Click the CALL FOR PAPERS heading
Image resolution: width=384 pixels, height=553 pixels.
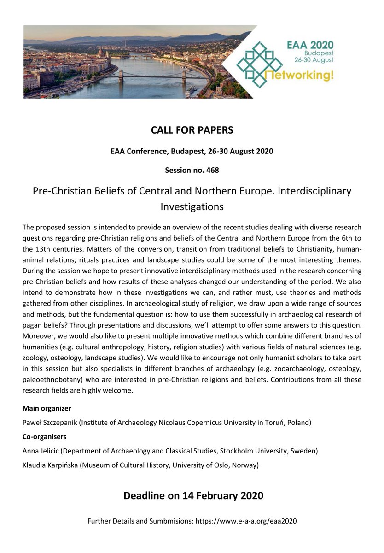tap(192, 130)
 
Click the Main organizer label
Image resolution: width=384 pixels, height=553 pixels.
tap(47, 408)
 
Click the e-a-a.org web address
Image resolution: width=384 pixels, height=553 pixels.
tap(246, 521)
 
